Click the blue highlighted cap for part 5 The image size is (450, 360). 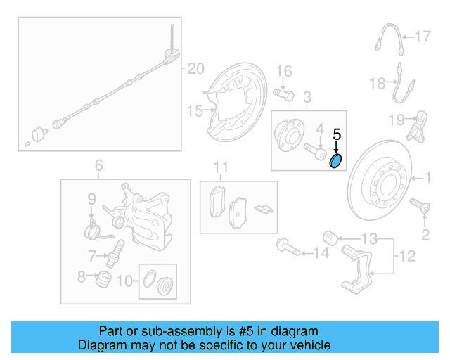(336, 162)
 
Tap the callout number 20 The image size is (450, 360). (195, 68)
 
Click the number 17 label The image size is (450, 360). (422, 36)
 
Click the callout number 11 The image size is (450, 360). (221, 167)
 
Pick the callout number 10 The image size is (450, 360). (124, 282)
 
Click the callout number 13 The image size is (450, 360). (370, 237)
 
